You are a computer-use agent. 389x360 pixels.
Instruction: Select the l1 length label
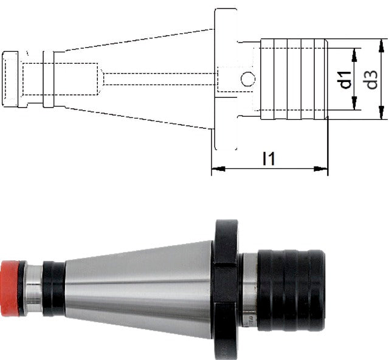click(x=269, y=159)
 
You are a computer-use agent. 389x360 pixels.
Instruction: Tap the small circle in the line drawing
click(x=248, y=78)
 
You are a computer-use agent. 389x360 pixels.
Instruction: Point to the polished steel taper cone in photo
click(x=140, y=288)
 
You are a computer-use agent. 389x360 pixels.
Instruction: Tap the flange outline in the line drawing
click(x=225, y=79)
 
